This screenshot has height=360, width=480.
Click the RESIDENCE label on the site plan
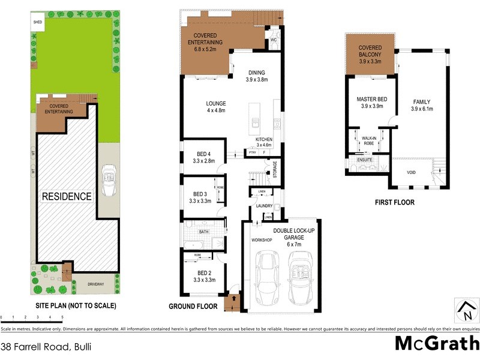click(x=67, y=196)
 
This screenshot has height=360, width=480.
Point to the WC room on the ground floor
click(x=273, y=40)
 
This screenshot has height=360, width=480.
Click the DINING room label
click(x=256, y=76)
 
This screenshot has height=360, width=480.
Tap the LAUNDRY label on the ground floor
click(x=264, y=206)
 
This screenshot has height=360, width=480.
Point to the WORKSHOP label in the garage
click(x=261, y=240)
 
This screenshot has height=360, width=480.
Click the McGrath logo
click(x=436, y=344)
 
